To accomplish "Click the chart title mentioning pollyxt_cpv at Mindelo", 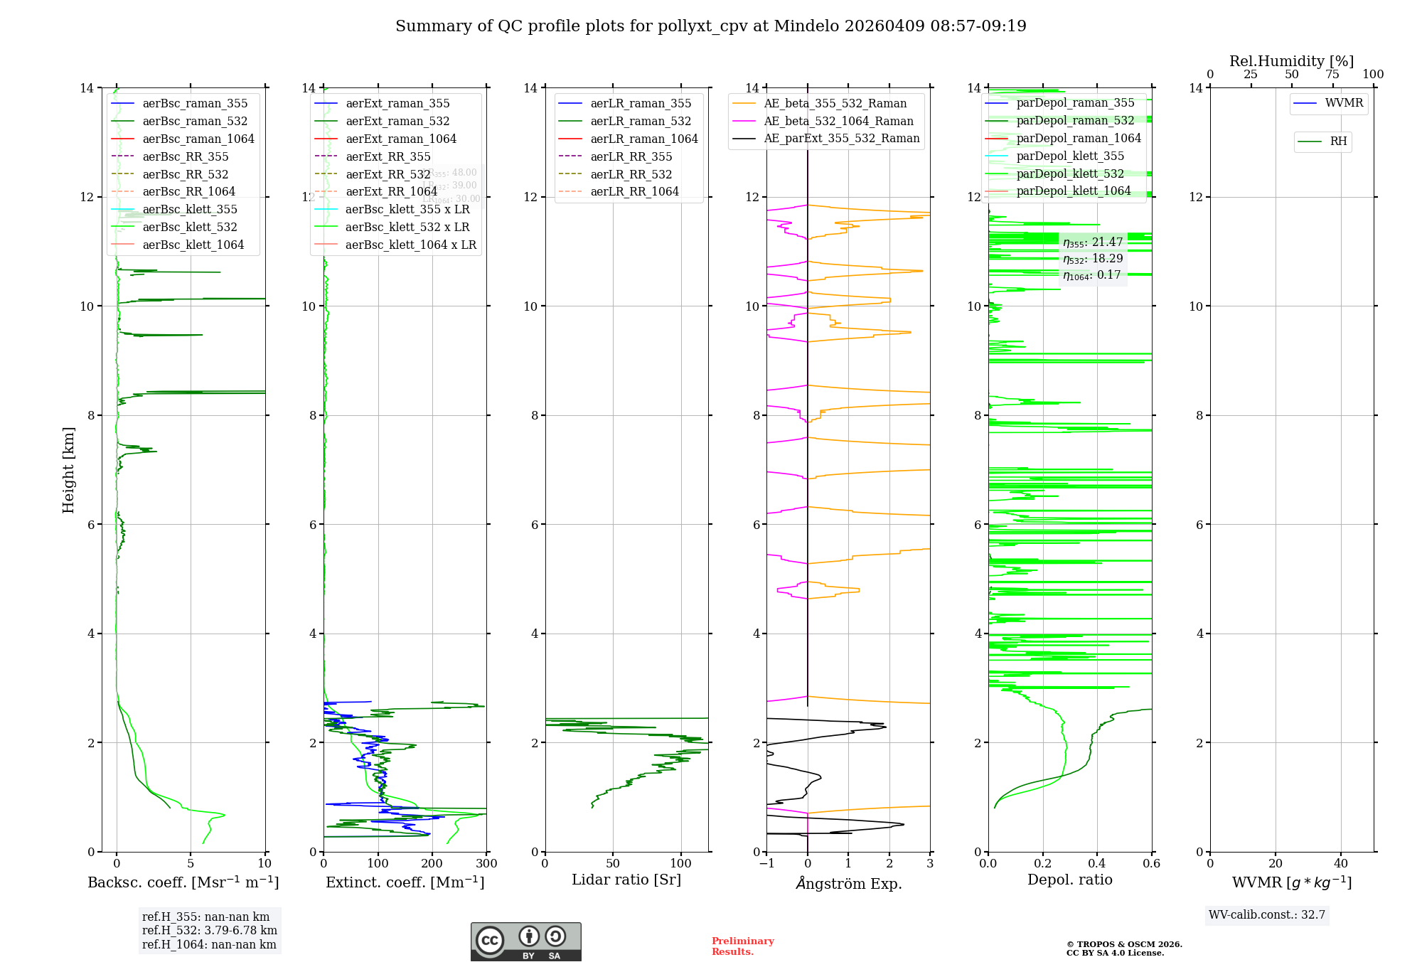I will (710, 26).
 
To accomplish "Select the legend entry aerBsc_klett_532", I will (189, 228).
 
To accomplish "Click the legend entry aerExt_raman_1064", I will (400, 139).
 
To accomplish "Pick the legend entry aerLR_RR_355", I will (631, 157).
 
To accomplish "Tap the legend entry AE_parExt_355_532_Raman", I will (841, 139).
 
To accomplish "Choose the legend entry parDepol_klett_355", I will (1069, 156).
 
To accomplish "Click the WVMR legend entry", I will (1343, 103).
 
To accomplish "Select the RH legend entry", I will (1337, 141).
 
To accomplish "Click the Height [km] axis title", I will (68, 469).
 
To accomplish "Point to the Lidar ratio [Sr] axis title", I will (626, 880).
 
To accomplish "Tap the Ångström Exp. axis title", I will (848, 884).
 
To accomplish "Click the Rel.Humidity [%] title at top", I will (1291, 61).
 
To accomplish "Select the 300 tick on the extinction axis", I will (486, 864).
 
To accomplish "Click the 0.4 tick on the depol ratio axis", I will (1097, 864).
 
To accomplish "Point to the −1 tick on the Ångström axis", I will (766, 864).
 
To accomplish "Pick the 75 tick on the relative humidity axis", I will (1332, 75).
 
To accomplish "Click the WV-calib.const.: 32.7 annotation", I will (1267, 915).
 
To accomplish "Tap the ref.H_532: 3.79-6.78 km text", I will (210, 931).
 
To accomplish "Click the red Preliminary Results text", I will (742, 946).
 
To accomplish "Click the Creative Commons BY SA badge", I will (525, 942).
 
